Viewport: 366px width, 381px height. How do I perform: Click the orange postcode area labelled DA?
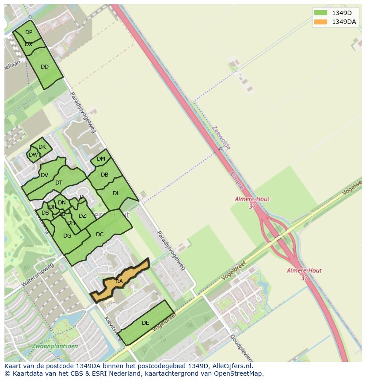click(x=119, y=281)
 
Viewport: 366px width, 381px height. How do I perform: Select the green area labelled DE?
click(x=145, y=323)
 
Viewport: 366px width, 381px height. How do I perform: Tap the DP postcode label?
click(x=29, y=32)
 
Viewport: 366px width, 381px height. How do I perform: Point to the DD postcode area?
click(x=44, y=67)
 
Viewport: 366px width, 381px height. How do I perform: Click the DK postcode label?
click(x=42, y=147)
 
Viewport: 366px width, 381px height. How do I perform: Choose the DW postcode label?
click(x=33, y=155)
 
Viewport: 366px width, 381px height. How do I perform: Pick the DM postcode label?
click(x=101, y=159)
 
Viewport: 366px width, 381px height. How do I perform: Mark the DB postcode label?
click(x=104, y=175)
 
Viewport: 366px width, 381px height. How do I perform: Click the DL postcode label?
click(x=116, y=193)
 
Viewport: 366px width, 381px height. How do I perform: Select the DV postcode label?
click(x=44, y=175)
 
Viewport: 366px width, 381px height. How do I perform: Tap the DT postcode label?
click(x=59, y=183)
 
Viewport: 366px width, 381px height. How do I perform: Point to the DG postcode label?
click(x=67, y=236)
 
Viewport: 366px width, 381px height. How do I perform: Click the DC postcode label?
click(x=99, y=235)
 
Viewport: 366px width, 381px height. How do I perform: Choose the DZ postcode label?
click(x=82, y=216)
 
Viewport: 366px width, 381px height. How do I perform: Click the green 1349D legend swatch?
click(x=320, y=12)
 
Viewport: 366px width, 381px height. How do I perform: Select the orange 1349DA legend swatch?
click(x=320, y=22)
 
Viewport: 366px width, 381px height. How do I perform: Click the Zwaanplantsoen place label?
click(x=55, y=346)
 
